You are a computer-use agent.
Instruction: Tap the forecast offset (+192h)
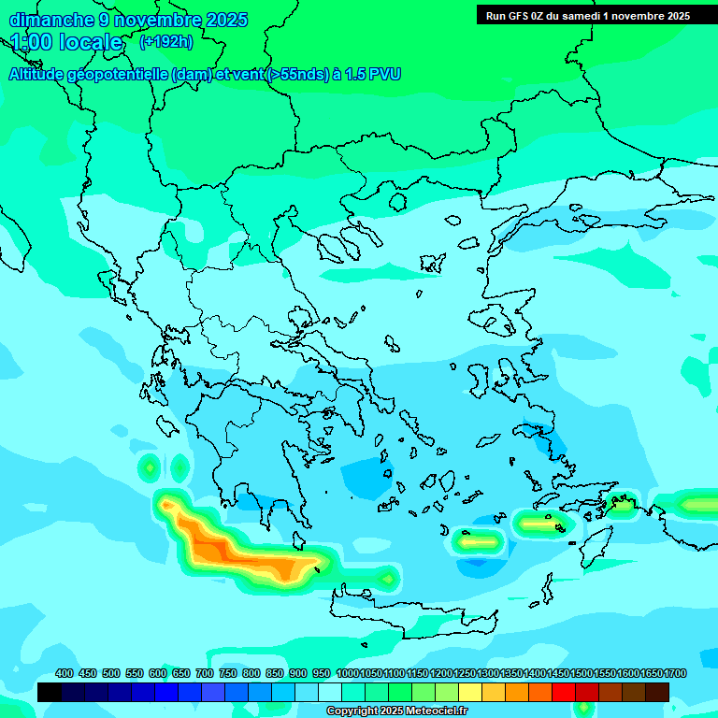click(x=165, y=42)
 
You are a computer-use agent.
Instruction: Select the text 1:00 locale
click(x=66, y=42)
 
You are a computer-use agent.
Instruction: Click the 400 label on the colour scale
click(x=64, y=673)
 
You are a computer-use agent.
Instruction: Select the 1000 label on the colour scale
click(x=348, y=673)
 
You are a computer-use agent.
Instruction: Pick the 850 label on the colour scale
click(x=275, y=673)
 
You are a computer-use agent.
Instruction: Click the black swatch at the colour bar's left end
click(x=50, y=692)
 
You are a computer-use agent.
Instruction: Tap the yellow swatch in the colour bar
click(x=470, y=692)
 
